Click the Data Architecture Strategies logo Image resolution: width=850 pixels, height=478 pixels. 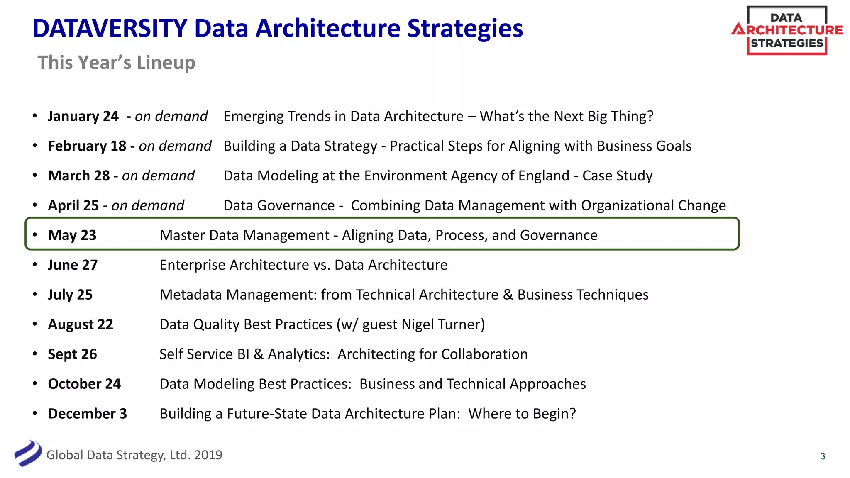click(x=786, y=31)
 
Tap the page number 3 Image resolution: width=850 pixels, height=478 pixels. click(x=823, y=456)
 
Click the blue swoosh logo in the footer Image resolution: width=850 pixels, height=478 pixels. click(x=28, y=454)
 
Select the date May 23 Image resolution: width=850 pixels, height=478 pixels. click(x=72, y=235)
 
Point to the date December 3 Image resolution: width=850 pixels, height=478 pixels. click(x=87, y=414)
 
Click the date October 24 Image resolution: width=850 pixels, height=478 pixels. click(x=84, y=384)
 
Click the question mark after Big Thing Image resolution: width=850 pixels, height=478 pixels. click(x=650, y=116)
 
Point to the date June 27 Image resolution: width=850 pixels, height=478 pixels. click(x=73, y=265)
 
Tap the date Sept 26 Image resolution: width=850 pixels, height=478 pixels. click(x=72, y=354)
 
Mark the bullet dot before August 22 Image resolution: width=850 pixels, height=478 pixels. click(x=35, y=324)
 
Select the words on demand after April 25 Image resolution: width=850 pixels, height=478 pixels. click(x=148, y=205)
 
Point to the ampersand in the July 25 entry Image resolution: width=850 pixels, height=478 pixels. click(x=508, y=295)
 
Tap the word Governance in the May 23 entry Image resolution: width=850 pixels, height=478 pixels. click(x=559, y=235)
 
